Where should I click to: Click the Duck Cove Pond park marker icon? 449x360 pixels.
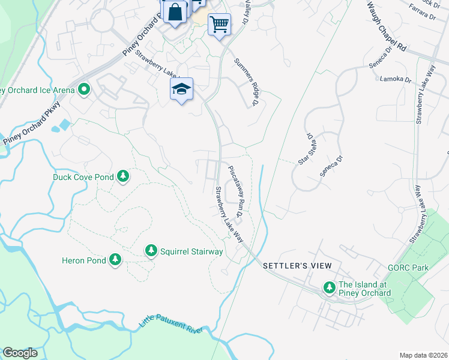point(123,176)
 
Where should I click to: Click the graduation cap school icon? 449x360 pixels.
point(181,90)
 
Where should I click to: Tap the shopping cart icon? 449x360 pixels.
point(219,25)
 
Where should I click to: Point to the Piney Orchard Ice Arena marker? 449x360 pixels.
point(84,91)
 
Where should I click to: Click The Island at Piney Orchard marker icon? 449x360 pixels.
point(329,288)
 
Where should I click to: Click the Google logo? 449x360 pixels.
point(20,353)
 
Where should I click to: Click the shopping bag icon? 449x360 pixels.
point(175,13)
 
